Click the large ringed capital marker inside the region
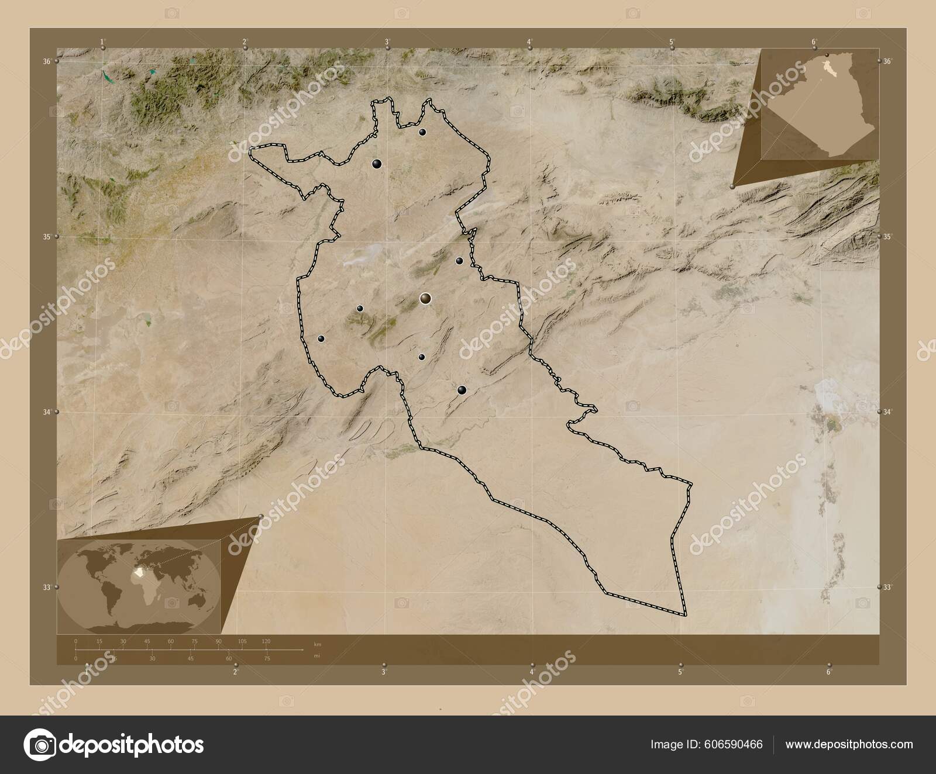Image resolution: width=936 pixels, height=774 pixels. click(x=425, y=299)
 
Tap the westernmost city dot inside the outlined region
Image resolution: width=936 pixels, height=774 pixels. click(x=321, y=338)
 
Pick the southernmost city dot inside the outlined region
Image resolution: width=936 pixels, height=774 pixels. click(x=462, y=390)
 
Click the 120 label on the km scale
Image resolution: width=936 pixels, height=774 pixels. click(x=266, y=641)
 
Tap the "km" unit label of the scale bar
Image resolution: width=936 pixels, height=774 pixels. click(x=318, y=644)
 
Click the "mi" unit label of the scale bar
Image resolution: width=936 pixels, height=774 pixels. click(x=317, y=655)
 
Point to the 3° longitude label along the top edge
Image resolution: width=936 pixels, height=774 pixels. click(x=387, y=42)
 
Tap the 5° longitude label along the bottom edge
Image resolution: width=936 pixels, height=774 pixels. click(x=680, y=672)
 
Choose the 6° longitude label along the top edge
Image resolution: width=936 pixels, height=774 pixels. click(x=814, y=42)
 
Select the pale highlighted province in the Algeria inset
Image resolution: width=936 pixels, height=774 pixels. click(x=828, y=69)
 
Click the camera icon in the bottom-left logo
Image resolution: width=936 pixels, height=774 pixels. click(x=39, y=744)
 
